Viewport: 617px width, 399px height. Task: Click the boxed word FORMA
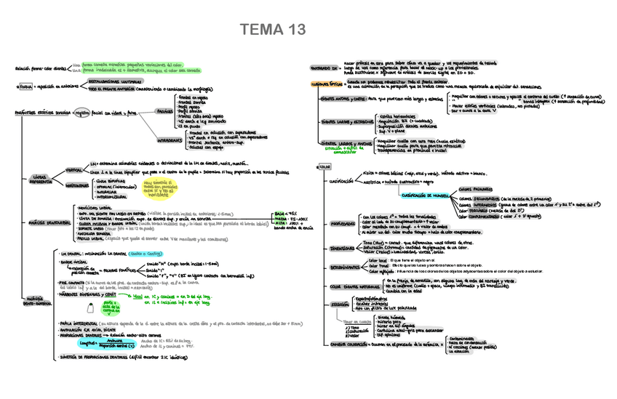(x=25, y=86)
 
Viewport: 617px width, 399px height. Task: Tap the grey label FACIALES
(x=165, y=111)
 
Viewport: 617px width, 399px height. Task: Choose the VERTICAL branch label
(x=73, y=169)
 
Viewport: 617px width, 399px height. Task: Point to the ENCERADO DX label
(x=323, y=68)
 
